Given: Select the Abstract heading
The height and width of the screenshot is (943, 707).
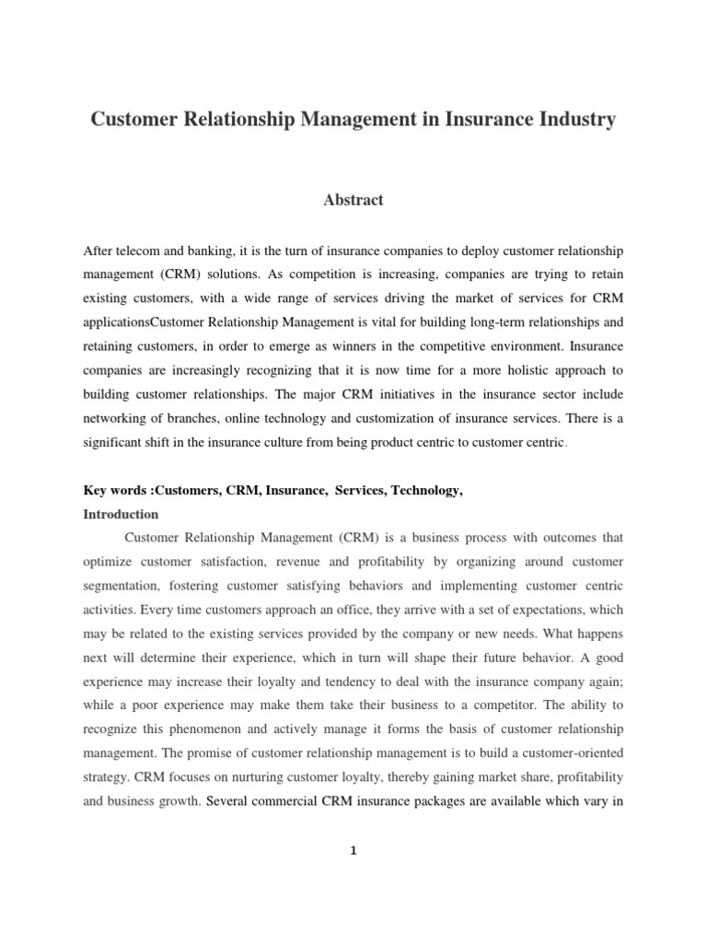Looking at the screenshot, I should [353, 200].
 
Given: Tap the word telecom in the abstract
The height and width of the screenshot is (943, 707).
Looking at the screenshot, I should [137, 251].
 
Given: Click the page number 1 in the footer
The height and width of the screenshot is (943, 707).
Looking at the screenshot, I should [353, 851].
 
